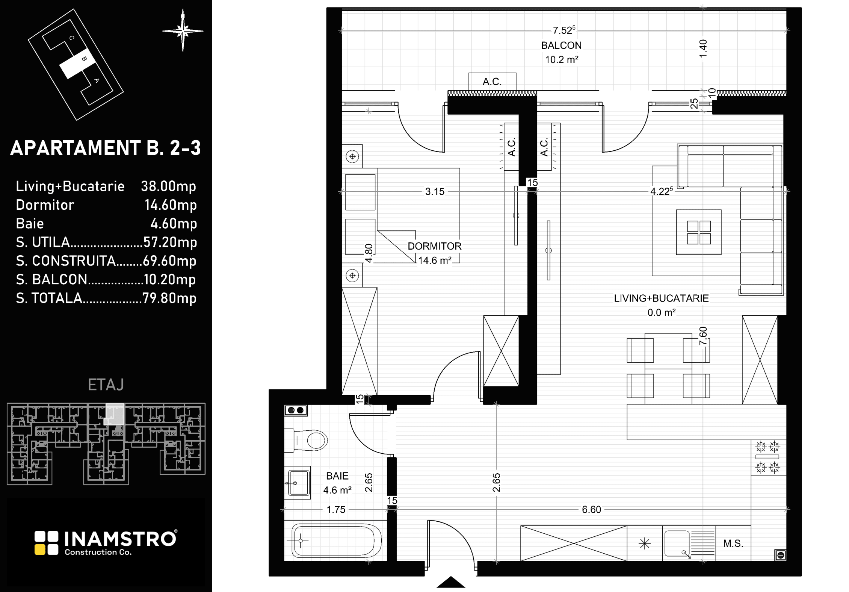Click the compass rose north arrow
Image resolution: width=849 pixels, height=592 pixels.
point(183,30)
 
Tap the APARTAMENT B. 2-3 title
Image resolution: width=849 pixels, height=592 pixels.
point(106,148)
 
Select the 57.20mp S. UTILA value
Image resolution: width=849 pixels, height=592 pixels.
point(170,242)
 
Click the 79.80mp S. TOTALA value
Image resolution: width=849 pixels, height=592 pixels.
point(169,298)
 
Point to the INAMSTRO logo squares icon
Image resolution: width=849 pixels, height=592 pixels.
point(47,543)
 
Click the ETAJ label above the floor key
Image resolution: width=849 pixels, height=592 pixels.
point(106,385)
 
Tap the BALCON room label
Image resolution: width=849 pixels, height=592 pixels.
point(561,45)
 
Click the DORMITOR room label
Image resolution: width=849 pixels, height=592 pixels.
point(434,246)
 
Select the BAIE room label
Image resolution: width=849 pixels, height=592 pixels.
point(337,476)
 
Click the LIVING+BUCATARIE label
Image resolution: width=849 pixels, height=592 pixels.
point(662,298)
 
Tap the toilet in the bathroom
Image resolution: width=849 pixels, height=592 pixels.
point(306,440)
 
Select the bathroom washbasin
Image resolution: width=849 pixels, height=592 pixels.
point(297,483)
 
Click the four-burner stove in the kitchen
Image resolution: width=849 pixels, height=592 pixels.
point(768,457)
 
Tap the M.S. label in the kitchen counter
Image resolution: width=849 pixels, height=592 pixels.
point(733,544)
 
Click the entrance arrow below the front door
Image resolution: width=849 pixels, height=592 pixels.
point(451,582)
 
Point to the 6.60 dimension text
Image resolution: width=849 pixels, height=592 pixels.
point(591,510)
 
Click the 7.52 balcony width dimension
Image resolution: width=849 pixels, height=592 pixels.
point(563,30)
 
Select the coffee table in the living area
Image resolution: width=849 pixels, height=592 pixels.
point(699,232)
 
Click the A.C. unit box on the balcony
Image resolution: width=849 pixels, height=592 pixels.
point(492,82)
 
